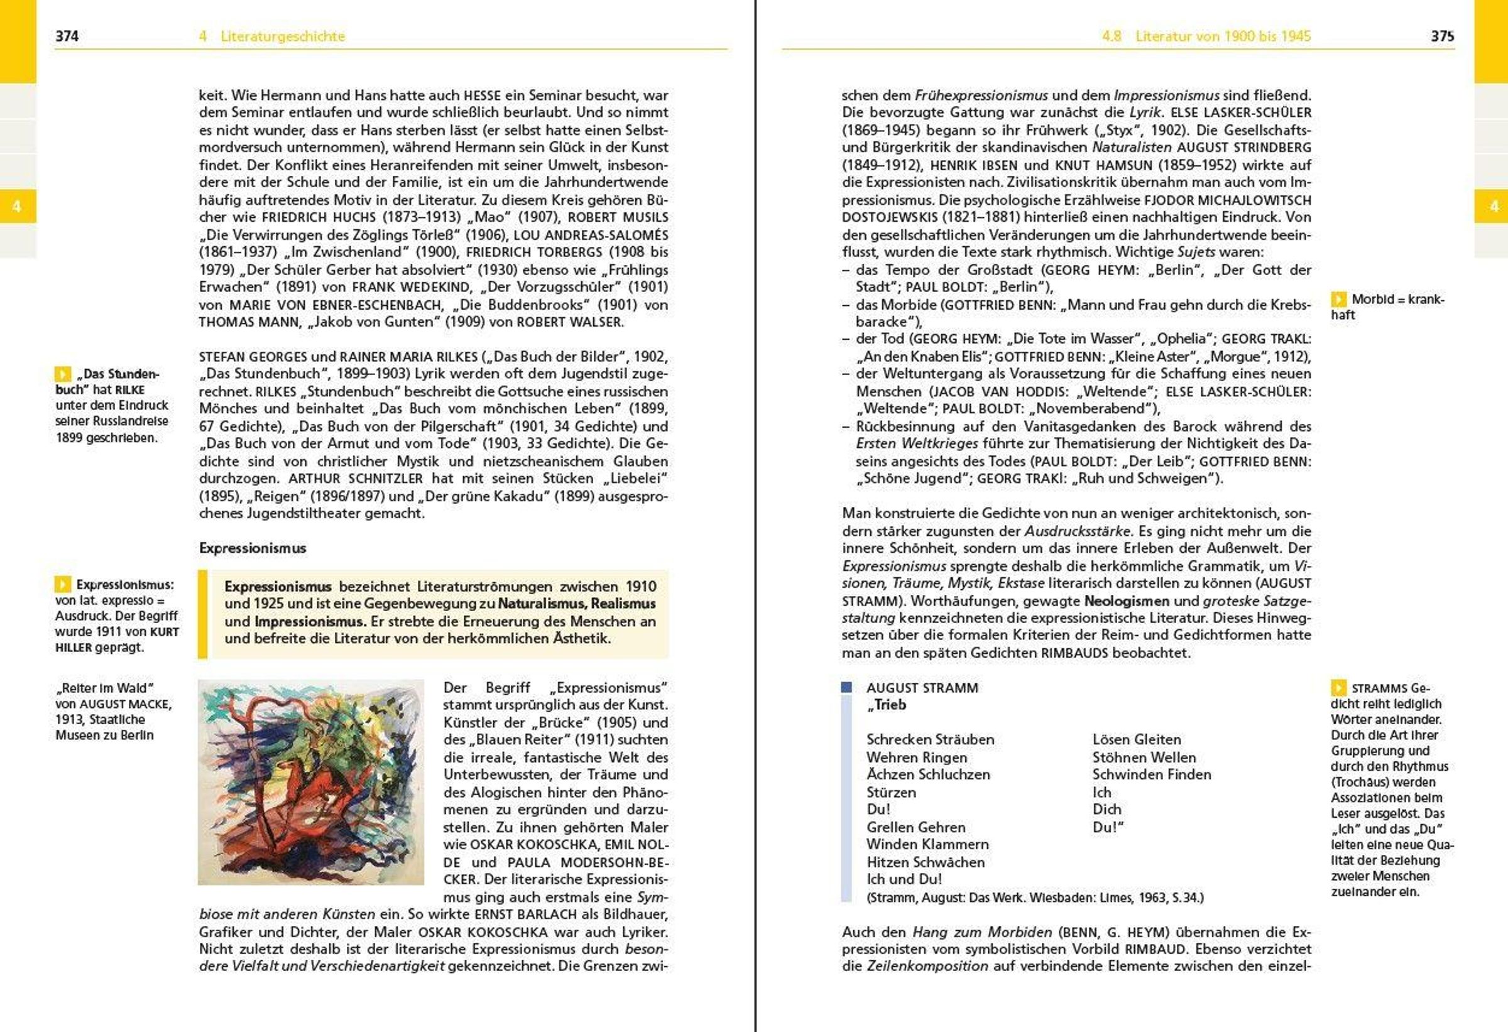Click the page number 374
pyautogui.click(x=67, y=36)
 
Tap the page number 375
pyautogui.click(x=1442, y=36)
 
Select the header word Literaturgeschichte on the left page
pyautogui.click(x=282, y=36)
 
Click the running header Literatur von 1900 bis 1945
pyautogui.click(x=1223, y=36)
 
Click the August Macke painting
pyautogui.click(x=311, y=781)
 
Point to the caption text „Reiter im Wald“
pyautogui.click(x=104, y=688)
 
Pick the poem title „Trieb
pyautogui.click(x=887, y=705)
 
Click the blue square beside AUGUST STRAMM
pyautogui.click(x=846, y=688)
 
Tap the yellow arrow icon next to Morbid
pyautogui.click(x=1338, y=299)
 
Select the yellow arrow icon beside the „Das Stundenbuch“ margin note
pyautogui.click(x=63, y=374)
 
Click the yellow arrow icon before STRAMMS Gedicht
pyautogui.click(x=1338, y=688)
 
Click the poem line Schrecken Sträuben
pyautogui.click(x=930, y=739)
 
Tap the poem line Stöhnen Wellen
pyautogui.click(x=1144, y=758)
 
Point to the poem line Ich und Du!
pyautogui.click(x=904, y=879)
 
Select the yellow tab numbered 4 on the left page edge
pyautogui.click(x=17, y=206)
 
